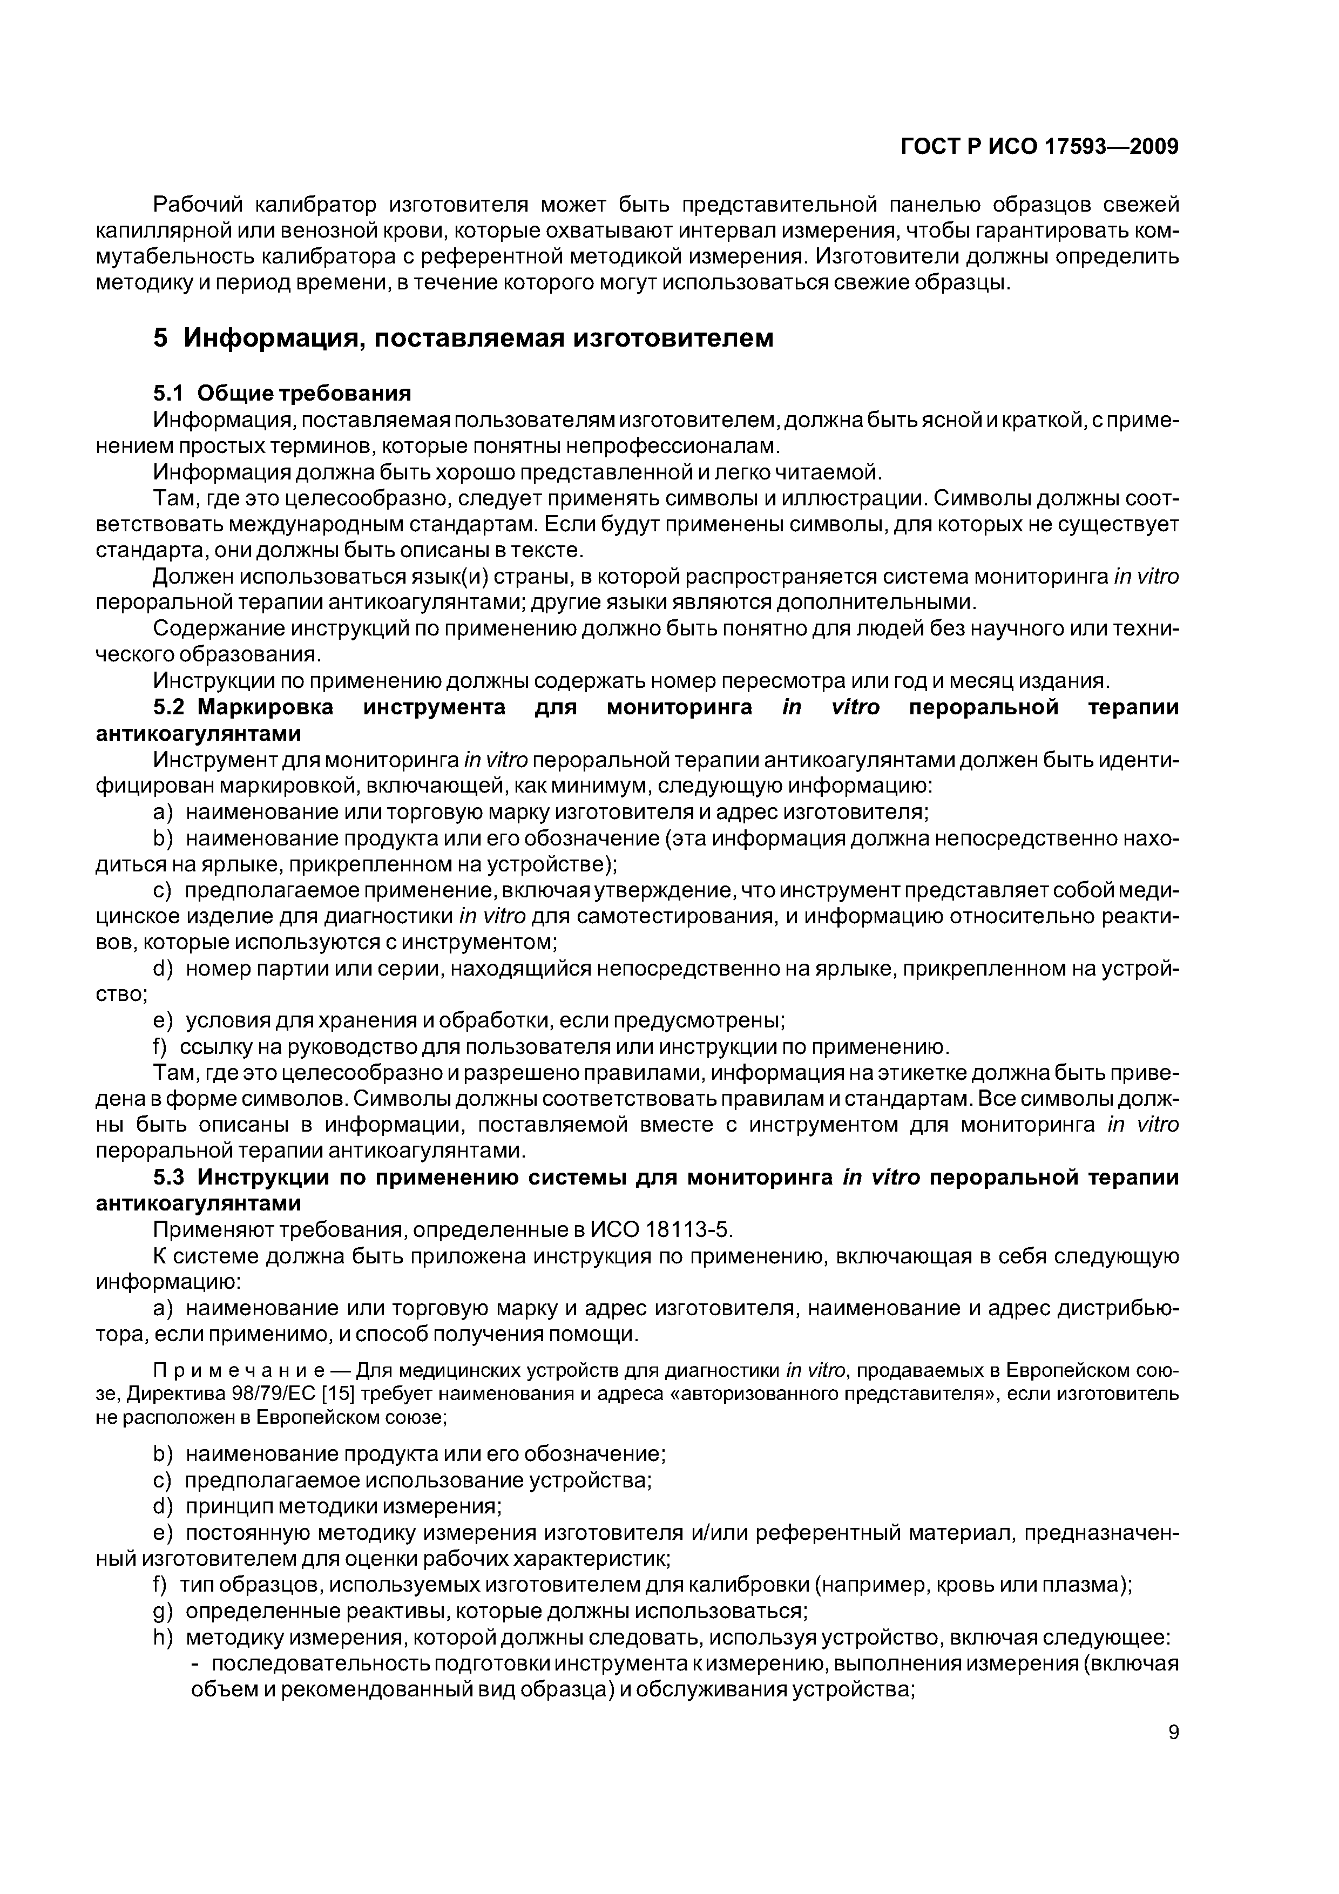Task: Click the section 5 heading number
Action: coord(161,338)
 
